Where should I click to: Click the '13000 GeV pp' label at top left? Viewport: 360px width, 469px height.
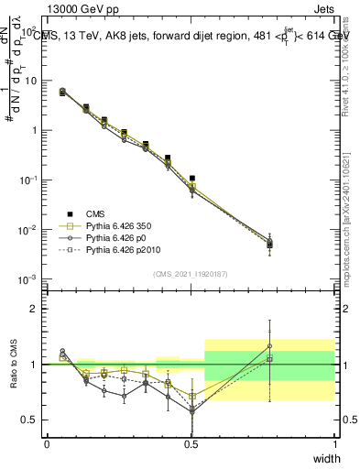86,10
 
